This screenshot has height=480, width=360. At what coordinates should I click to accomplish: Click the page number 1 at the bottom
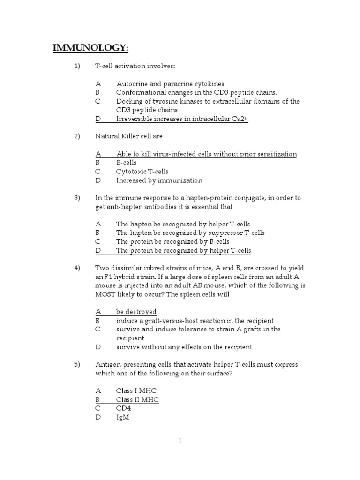[x=180, y=441]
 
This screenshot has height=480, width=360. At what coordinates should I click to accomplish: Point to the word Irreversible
[x=135, y=119]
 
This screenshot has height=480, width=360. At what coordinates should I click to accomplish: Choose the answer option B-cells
[x=127, y=163]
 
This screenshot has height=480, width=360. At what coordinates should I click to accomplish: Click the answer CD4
[x=124, y=408]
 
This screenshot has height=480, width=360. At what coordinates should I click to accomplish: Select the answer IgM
[x=122, y=417]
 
